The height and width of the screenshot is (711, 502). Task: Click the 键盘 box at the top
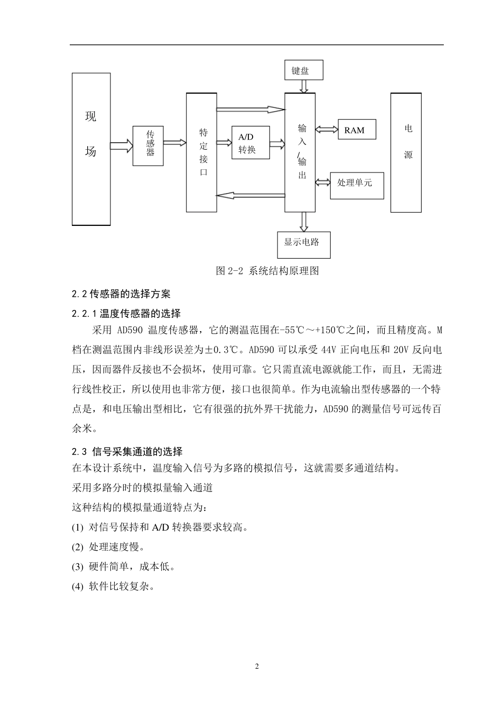[x=303, y=70]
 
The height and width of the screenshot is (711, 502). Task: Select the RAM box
[x=357, y=130]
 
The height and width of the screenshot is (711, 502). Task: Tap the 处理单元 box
[x=357, y=185]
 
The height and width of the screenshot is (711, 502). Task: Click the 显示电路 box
[x=303, y=244]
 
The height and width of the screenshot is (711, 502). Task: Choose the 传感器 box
[x=148, y=145]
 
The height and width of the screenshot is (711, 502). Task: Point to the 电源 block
[x=406, y=152]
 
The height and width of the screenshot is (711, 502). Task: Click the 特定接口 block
[x=201, y=152]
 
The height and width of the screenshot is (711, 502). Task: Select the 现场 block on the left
[x=91, y=149]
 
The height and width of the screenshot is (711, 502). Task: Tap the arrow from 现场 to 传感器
[x=121, y=145]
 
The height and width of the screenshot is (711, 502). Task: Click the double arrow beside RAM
[x=327, y=130]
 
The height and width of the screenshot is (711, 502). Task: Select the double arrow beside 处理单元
[x=322, y=183]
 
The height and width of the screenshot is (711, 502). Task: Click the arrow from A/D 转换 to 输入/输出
[x=277, y=143]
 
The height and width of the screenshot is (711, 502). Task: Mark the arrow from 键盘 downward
[x=304, y=86]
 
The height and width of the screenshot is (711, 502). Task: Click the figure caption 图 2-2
[x=267, y=270]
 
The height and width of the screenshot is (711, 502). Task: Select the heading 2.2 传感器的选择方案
[x=121, y=294]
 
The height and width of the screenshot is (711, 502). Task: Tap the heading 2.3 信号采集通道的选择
[x=127, y=451]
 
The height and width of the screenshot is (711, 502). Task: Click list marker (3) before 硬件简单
[x=77, y=567]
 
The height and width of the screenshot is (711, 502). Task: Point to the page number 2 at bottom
[x=257, y=666]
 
